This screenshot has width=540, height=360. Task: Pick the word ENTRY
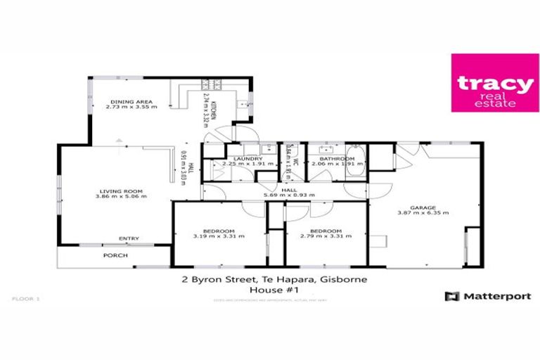[x=129, y=238]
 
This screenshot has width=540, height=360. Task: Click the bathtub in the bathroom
[x=354, y=163]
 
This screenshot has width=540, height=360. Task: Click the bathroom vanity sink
[x=326, y=150]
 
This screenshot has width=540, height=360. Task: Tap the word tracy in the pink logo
[x=485, y=82]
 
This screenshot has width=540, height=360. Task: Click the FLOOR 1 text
[x=26, y=299]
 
